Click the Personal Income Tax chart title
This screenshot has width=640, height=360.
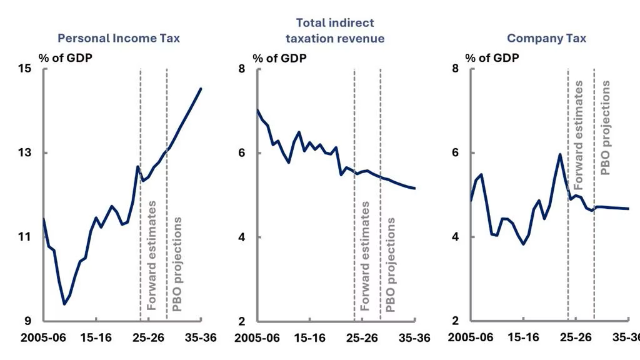[x=118, y=38]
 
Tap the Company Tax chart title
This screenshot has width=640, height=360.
[x=546, y=38]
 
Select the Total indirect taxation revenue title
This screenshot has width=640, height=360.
[x=335, y=31]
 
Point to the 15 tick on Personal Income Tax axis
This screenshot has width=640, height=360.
[x=25, y=68]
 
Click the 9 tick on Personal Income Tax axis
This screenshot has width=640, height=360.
[x=27, y=321]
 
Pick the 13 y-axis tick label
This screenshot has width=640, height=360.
[x=25, y=152]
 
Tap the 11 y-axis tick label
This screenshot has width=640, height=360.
[x=25, y=237]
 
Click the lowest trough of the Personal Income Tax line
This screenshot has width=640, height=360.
[x=64, y=304]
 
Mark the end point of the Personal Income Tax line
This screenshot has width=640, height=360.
[x=201, y=89]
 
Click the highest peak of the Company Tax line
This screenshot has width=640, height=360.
[x=559, y=154]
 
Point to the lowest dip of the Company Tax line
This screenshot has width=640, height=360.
[x=524, y=244]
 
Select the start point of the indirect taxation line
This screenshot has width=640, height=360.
[x=257, y=110]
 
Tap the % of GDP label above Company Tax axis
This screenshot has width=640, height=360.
[x=492, y=58]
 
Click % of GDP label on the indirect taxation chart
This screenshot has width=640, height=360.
[x=279, y=58]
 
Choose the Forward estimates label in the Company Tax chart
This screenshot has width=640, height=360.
[x=578, y=135]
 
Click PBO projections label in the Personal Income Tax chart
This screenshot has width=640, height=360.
[x=177, y=264]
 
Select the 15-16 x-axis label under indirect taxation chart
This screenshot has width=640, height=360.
[x=310, y=338]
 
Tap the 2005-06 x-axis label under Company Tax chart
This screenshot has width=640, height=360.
[x=471, y=337]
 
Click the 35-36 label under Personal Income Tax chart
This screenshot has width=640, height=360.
[x=201, y=338]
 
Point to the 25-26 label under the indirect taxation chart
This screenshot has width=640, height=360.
[x=362, y=338]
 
